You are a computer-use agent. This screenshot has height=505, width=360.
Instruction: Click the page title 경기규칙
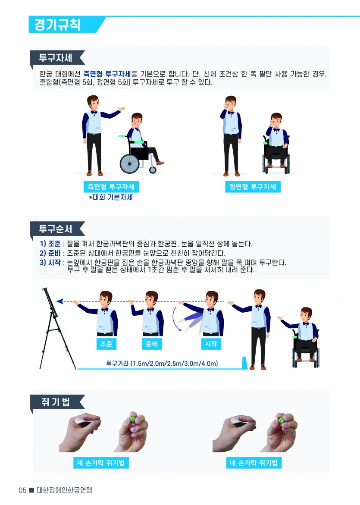click(x=57, y=25)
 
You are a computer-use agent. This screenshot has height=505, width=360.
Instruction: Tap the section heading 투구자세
click(x=55, y=58)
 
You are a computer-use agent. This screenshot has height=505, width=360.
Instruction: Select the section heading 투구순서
click(x=55, y=229)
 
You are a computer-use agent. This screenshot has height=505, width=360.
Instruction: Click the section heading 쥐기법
click(x=55, y=402)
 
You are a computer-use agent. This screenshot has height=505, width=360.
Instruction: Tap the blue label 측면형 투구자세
click(x=111, y=187)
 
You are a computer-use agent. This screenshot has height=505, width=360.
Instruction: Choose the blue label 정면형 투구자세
click(x=253, y=187)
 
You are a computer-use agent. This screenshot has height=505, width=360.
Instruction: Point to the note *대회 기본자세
click(x=111, y=197)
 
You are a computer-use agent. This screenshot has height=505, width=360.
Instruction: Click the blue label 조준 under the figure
click(x=106, y=344)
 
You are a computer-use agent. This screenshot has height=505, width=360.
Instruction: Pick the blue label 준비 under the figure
click(x=152, y=344)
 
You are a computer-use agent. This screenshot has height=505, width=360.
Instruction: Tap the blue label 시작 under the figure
click(x=211, y=344)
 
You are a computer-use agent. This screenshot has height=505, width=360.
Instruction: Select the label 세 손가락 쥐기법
click(x=101, y=463)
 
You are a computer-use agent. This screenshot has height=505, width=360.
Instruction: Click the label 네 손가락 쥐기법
click(x=254, y=463)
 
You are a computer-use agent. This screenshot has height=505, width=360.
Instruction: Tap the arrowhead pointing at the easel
click(x=59, y=301)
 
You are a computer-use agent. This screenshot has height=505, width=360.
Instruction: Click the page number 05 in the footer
click(x=22, y=490)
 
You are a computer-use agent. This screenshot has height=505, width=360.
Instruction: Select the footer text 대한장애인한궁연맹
click(x=64, y=490)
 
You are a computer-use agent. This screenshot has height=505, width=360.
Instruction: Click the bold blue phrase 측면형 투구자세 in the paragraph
click(x=107, y=74)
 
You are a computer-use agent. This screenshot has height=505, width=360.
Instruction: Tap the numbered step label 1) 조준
click(x=50, y=244)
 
